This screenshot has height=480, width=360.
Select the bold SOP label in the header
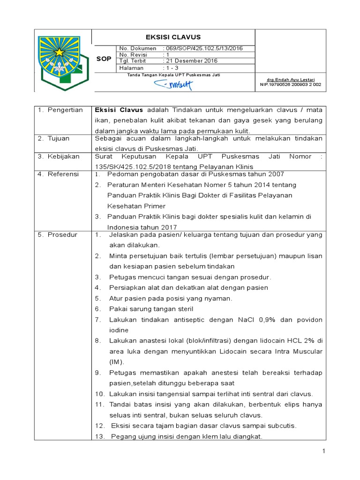tap(104, 59)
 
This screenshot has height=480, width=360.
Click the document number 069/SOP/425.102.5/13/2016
tap(202, 48)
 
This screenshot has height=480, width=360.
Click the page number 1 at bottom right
tap(323, 451)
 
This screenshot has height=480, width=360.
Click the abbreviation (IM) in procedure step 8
tap(116, 361)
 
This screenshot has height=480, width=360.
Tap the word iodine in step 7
tap(118, 330)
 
